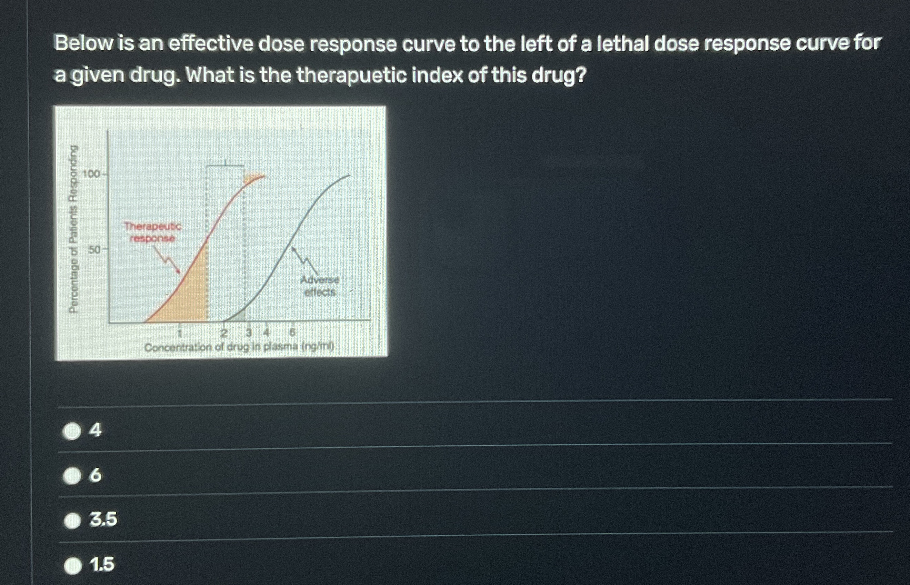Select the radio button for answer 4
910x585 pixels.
(72, 431)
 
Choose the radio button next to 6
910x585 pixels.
(72, 476)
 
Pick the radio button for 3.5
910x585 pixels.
(72, 521)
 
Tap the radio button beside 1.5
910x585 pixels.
(72, 566)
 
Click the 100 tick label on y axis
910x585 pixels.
(91, 174)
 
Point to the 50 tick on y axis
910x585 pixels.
(94, 250)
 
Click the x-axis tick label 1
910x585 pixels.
(180, 334)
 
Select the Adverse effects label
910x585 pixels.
(320, 286)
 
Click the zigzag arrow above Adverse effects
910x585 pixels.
(304, 258)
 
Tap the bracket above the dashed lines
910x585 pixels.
(225, 165)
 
